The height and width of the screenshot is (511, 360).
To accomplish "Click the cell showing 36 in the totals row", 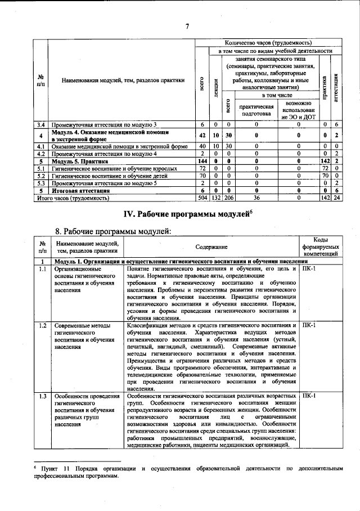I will (x=256, y=198).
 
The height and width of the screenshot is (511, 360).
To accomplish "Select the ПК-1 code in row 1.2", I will (x=309, y=326).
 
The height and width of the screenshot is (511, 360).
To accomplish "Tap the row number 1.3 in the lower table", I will (x=42, y=396).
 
